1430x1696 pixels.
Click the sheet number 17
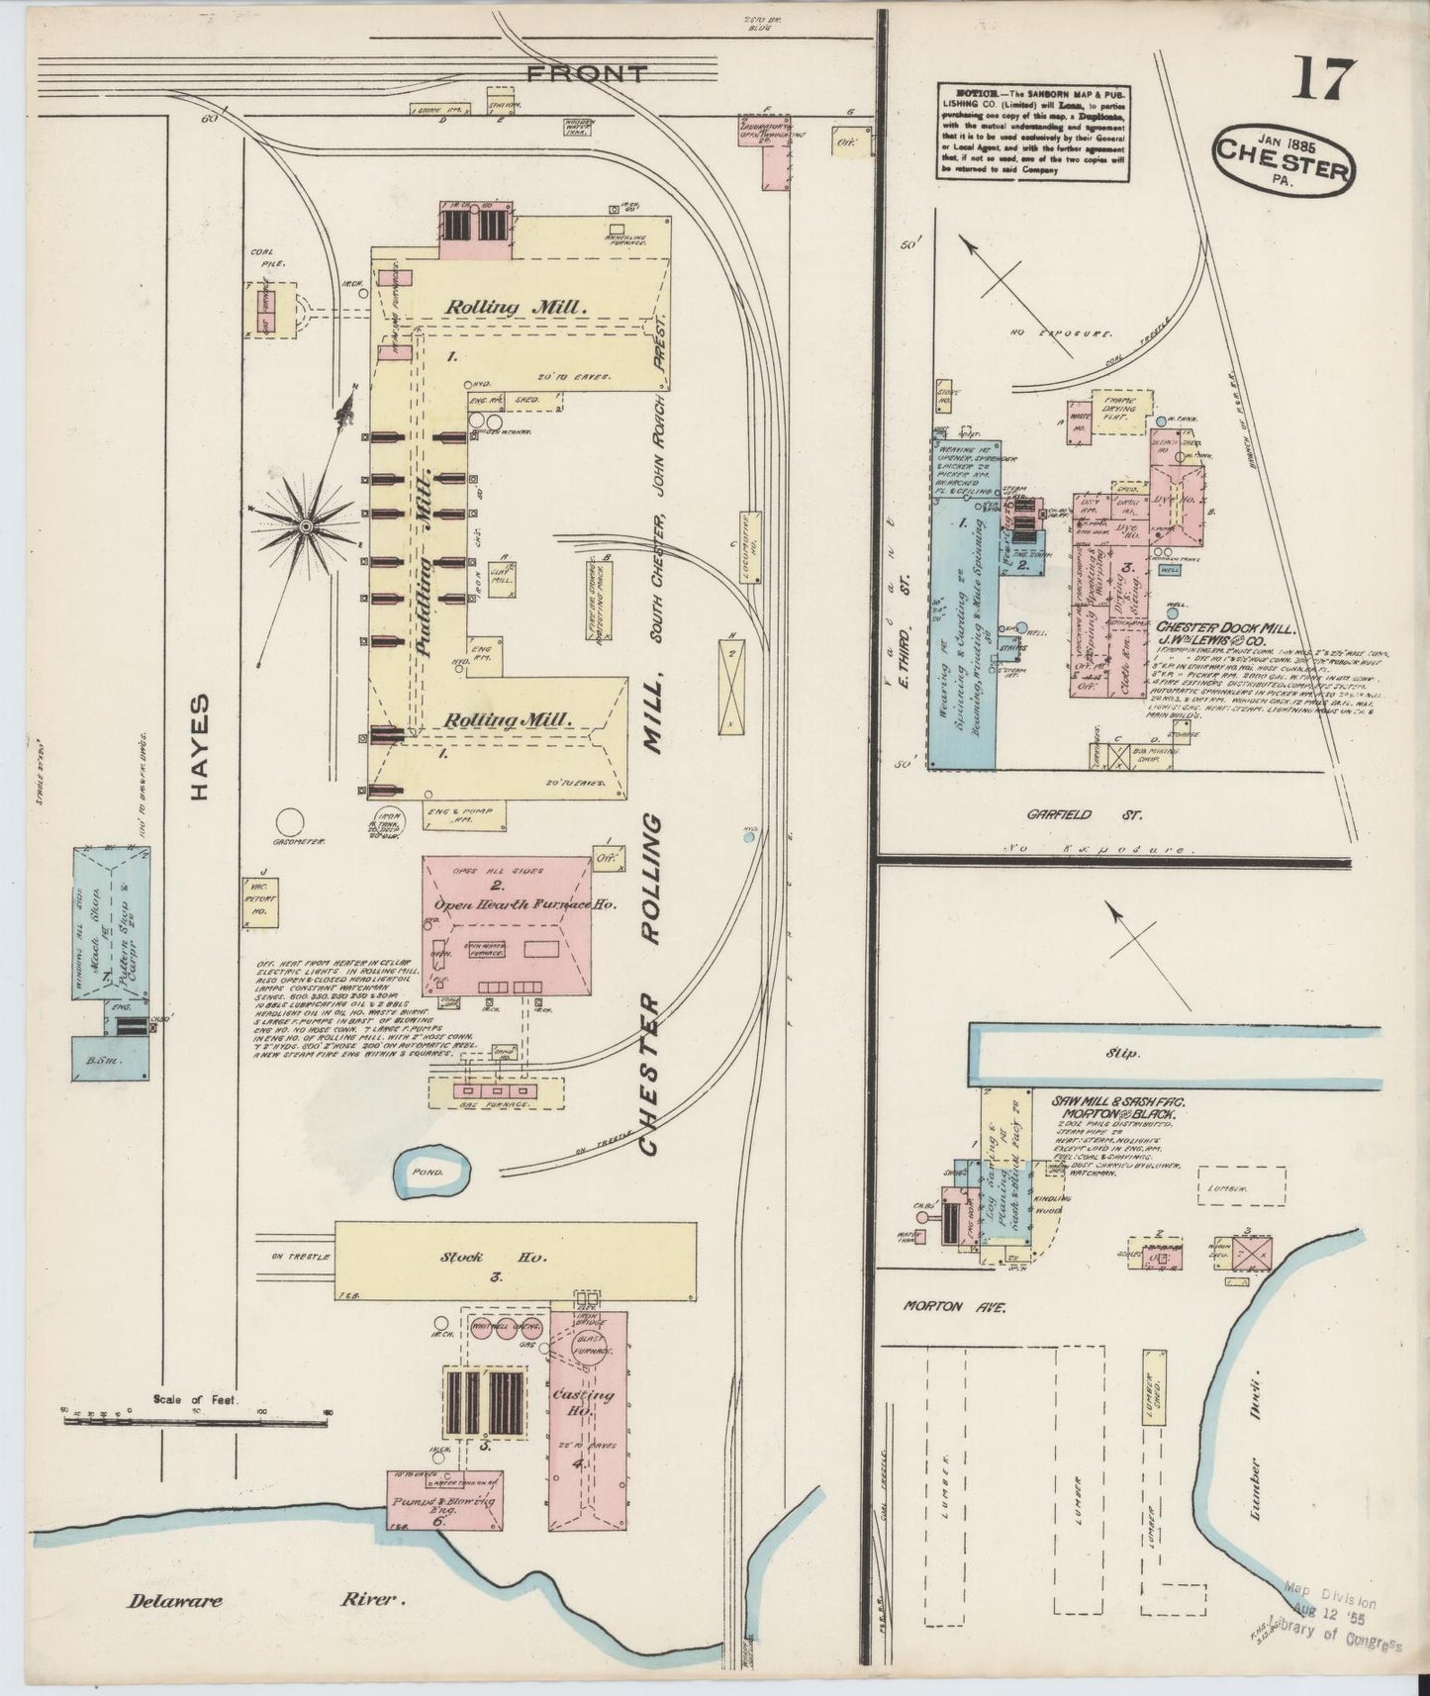tap(1319, 80)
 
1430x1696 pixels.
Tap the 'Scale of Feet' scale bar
tap(195, 1422)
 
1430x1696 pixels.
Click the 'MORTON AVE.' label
tap(954, 1307)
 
